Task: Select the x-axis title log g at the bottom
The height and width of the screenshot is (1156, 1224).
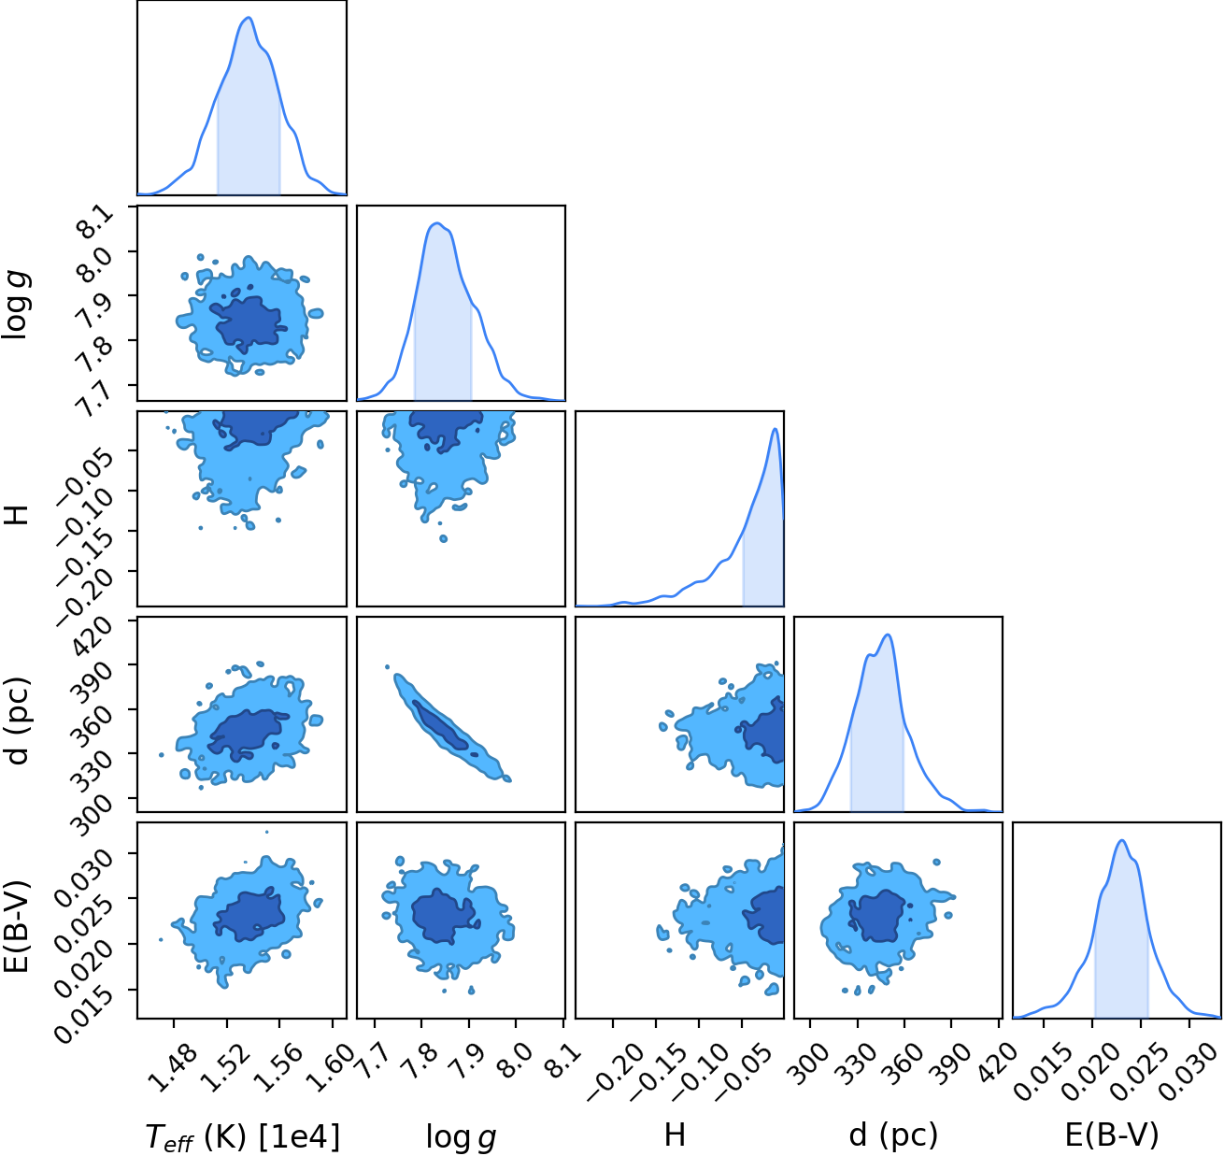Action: click(x=461, y=1136)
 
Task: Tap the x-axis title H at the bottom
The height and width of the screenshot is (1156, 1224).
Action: click(x=675, y=1135)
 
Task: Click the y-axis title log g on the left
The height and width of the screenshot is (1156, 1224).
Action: click(x=17, y=307)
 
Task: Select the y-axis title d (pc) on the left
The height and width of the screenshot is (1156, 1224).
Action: click(x=17, y=722)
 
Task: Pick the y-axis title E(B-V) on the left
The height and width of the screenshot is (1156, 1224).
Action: click(x=17, y=924)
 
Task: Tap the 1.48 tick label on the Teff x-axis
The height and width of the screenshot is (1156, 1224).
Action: click(x=173, y=1070)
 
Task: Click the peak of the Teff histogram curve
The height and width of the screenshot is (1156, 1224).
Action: click(x=249, y=17)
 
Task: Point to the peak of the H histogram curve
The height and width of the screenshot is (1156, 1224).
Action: click(x=776, y=429)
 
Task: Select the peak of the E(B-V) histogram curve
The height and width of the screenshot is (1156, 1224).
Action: click(x=1122, y=840)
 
